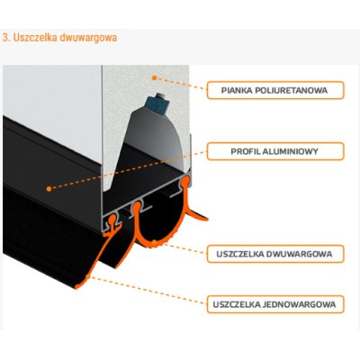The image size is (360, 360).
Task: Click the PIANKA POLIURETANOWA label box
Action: click(x=275, y=90)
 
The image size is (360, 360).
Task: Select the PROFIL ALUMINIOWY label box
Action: click(x=275, y=151)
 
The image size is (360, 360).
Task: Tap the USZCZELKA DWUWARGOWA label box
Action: click(x=275, y=254)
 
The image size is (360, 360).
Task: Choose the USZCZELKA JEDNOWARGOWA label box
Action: click(x=275, y=304)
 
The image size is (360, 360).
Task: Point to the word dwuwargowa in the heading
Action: click(x=88, y=38)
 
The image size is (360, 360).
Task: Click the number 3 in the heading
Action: click(x=5, y=38)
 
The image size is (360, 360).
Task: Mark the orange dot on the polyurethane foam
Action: click(x=155, y=78)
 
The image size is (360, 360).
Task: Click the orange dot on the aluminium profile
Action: click(x=49, y=189)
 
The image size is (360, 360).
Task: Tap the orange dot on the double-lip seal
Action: click(x=154, y=242)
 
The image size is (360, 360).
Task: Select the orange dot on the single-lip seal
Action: click(x=88, y=277)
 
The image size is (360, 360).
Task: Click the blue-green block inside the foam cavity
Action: click(x=157, y=105)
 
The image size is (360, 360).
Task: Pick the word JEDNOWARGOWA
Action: click(x=300, y=305)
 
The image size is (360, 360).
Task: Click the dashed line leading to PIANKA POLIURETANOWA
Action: click(x=182, y=84)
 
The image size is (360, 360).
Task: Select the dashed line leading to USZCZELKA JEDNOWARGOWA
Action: click(x=148, y=291)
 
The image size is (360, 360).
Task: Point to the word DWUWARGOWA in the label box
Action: click(x=300, y=255)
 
